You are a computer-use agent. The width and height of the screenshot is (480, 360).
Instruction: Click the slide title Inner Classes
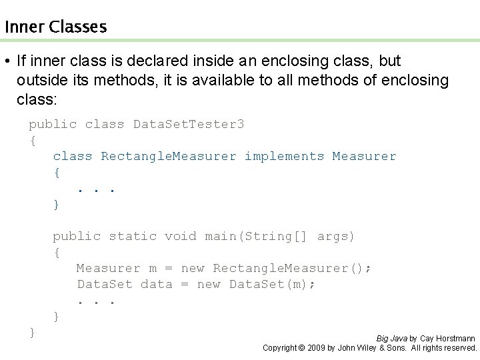pyautogui.click(x=55, y=27)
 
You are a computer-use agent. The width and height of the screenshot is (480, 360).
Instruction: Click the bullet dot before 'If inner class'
pyautogui.click(x=6, y=61)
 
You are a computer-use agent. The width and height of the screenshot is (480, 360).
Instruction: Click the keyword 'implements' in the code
pyautogui.click(x=284, y=156)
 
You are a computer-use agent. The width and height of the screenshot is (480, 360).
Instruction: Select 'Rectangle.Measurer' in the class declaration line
pyautogui.click(x=169, y=156)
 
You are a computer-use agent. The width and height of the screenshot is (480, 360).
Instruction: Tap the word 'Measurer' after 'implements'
pyautogui.click(x=364, y=156)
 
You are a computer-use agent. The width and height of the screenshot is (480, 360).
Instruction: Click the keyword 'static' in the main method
pyautogui.click(x=133, y=236)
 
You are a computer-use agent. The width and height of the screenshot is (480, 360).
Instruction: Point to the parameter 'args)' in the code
pyautogui.click(x=336, y=236)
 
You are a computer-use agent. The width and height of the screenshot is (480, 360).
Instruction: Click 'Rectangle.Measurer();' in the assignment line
pyautogui.click(x=292, y=268)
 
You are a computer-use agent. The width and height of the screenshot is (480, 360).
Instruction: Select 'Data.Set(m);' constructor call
pyautogui.click(x=273, y=284)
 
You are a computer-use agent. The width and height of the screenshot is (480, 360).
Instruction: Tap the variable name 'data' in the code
pyautogui.click(x=156, y=284)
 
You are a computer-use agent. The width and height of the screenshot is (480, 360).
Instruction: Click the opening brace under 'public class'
pyautogui.click(x=32, y=140)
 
